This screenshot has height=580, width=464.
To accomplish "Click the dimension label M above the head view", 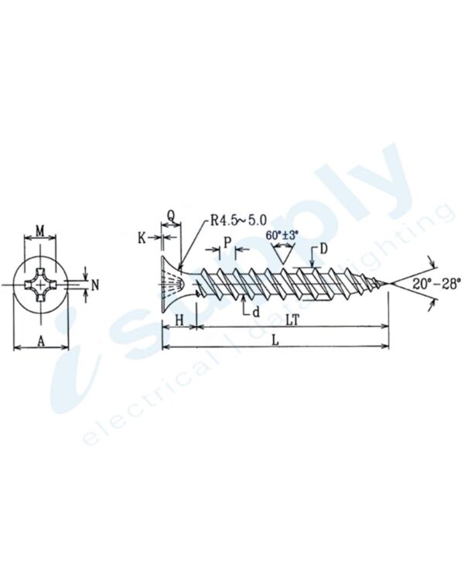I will coord(41,230).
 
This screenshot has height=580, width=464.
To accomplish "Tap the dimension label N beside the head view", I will coord(94,285).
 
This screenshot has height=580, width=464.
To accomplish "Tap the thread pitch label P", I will coord(226,242).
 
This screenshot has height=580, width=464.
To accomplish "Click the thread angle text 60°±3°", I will coord(281,234).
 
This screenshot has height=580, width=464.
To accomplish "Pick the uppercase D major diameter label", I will coord(323,249).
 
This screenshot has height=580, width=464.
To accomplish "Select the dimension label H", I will coord(179,319).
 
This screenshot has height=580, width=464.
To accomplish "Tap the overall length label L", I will coord(276,339).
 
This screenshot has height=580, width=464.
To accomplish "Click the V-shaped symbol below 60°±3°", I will coord(282,252).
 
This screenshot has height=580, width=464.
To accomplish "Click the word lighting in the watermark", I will coord(394,244).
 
